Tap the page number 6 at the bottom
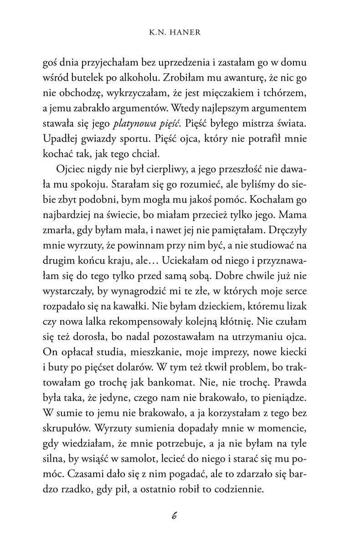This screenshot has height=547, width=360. [174, 516]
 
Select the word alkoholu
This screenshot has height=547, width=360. [153, 78]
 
